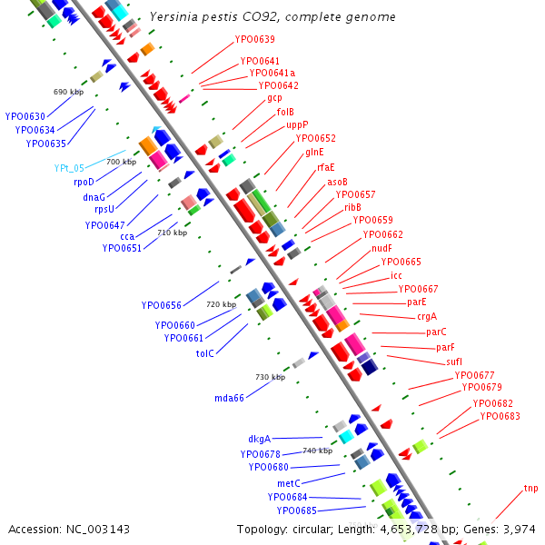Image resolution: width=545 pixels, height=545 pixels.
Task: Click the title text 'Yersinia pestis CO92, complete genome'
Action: [259, 16]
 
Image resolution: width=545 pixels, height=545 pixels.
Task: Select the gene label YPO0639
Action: [254, 40]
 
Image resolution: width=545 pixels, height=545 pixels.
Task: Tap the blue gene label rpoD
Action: [84, 182]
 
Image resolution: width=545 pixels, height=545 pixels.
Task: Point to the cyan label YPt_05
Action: [68, 168]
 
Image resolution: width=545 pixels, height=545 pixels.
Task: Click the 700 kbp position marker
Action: [121, 162]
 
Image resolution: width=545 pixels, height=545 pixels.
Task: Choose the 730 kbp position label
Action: [270, 377]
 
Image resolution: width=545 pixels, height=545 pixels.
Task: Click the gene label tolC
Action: [204, 353]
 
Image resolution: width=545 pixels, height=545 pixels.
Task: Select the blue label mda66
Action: [229, 398]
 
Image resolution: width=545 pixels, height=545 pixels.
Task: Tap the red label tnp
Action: [530, 489]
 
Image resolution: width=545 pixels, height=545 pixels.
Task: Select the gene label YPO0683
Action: [500, 416]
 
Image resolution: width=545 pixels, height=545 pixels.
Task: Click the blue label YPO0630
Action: [25, 116]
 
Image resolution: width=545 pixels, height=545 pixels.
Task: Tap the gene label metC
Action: [289, 483]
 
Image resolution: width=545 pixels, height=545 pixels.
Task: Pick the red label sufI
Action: [454, 362]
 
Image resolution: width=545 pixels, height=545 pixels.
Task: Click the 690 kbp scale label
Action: [68, 92]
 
